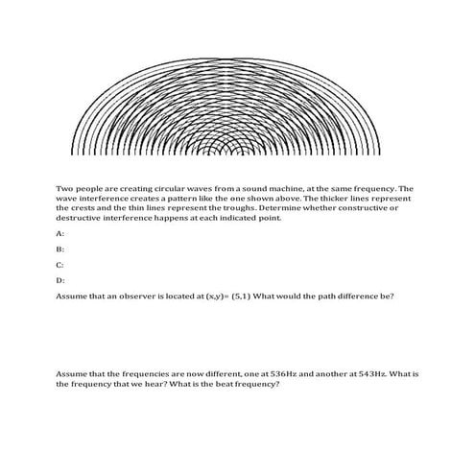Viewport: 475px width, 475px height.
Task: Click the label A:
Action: (60, 233)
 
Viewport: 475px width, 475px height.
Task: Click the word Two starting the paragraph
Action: (65, 189)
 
